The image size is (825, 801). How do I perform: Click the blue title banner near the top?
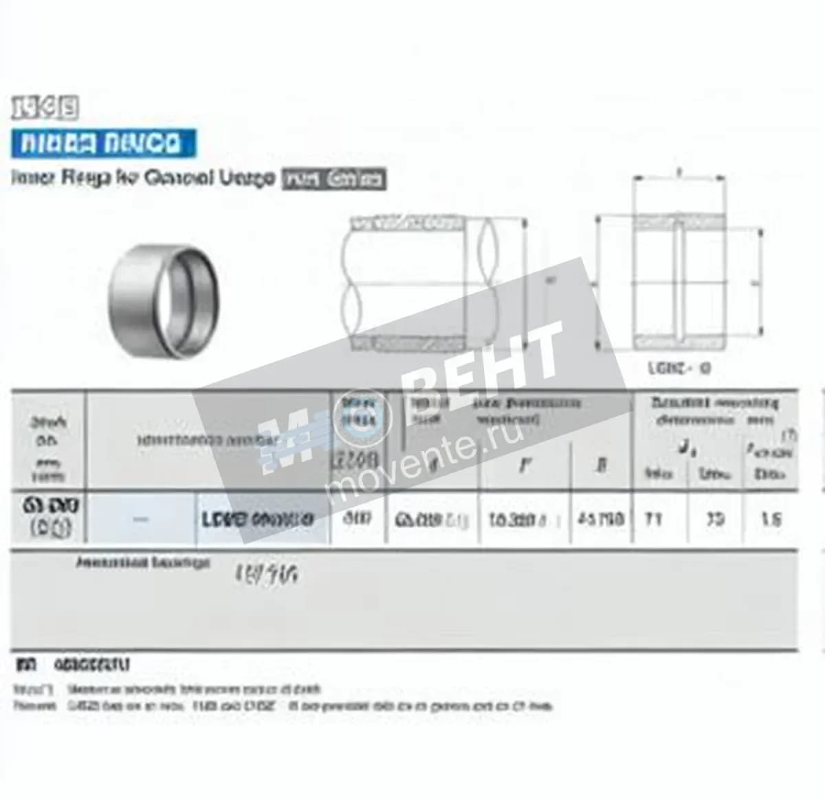coord(103,143)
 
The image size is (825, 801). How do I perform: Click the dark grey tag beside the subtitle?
coord(334,179)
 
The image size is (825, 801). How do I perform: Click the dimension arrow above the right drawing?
coord(679,177)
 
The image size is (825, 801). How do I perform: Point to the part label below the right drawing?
coord(679,368)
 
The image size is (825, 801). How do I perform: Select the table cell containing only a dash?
coord(141,519)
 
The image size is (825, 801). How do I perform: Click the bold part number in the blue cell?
coord(258,519)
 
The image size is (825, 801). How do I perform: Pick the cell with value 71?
coord(653,518)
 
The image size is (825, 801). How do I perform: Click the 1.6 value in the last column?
coord(771,518)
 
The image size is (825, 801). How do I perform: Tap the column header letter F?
coord(525,465)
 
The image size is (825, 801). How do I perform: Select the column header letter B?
coord(601,465)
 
